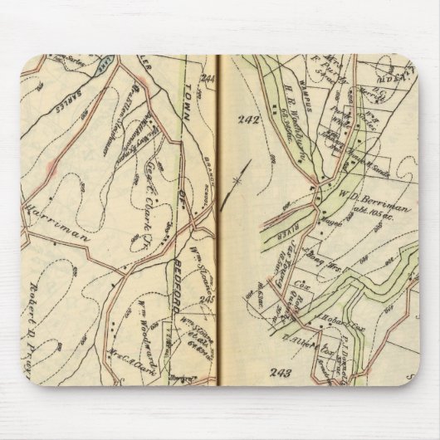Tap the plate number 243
[x=281, y=373]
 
